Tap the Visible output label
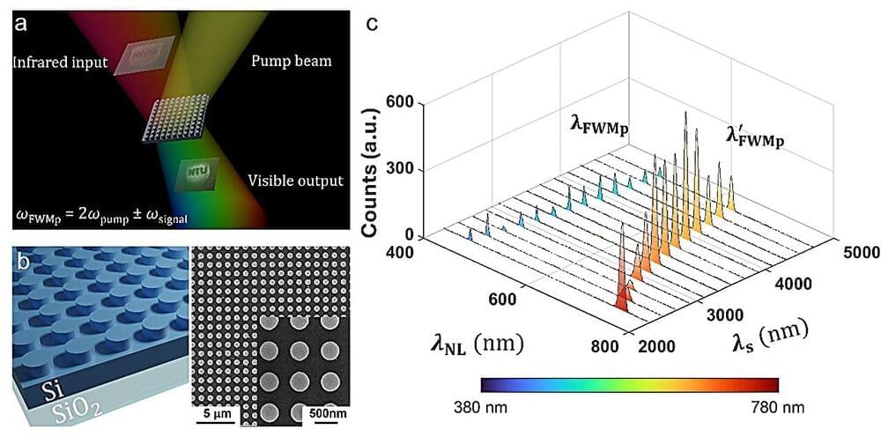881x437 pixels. [295, 181]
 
